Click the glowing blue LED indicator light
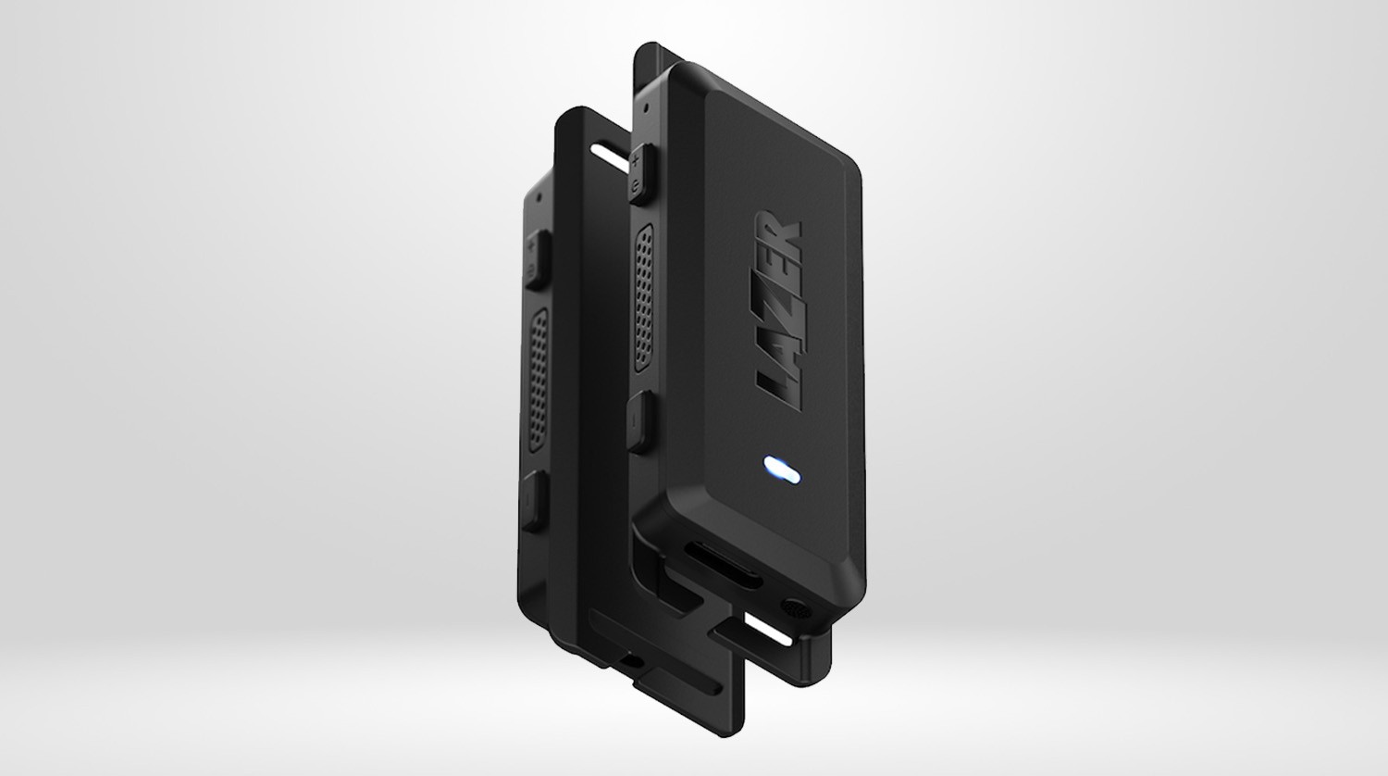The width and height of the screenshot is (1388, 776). tap(781, 470)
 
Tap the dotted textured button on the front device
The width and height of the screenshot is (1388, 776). tap(644, 298)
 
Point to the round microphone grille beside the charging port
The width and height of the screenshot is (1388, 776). tap(796, 608)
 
